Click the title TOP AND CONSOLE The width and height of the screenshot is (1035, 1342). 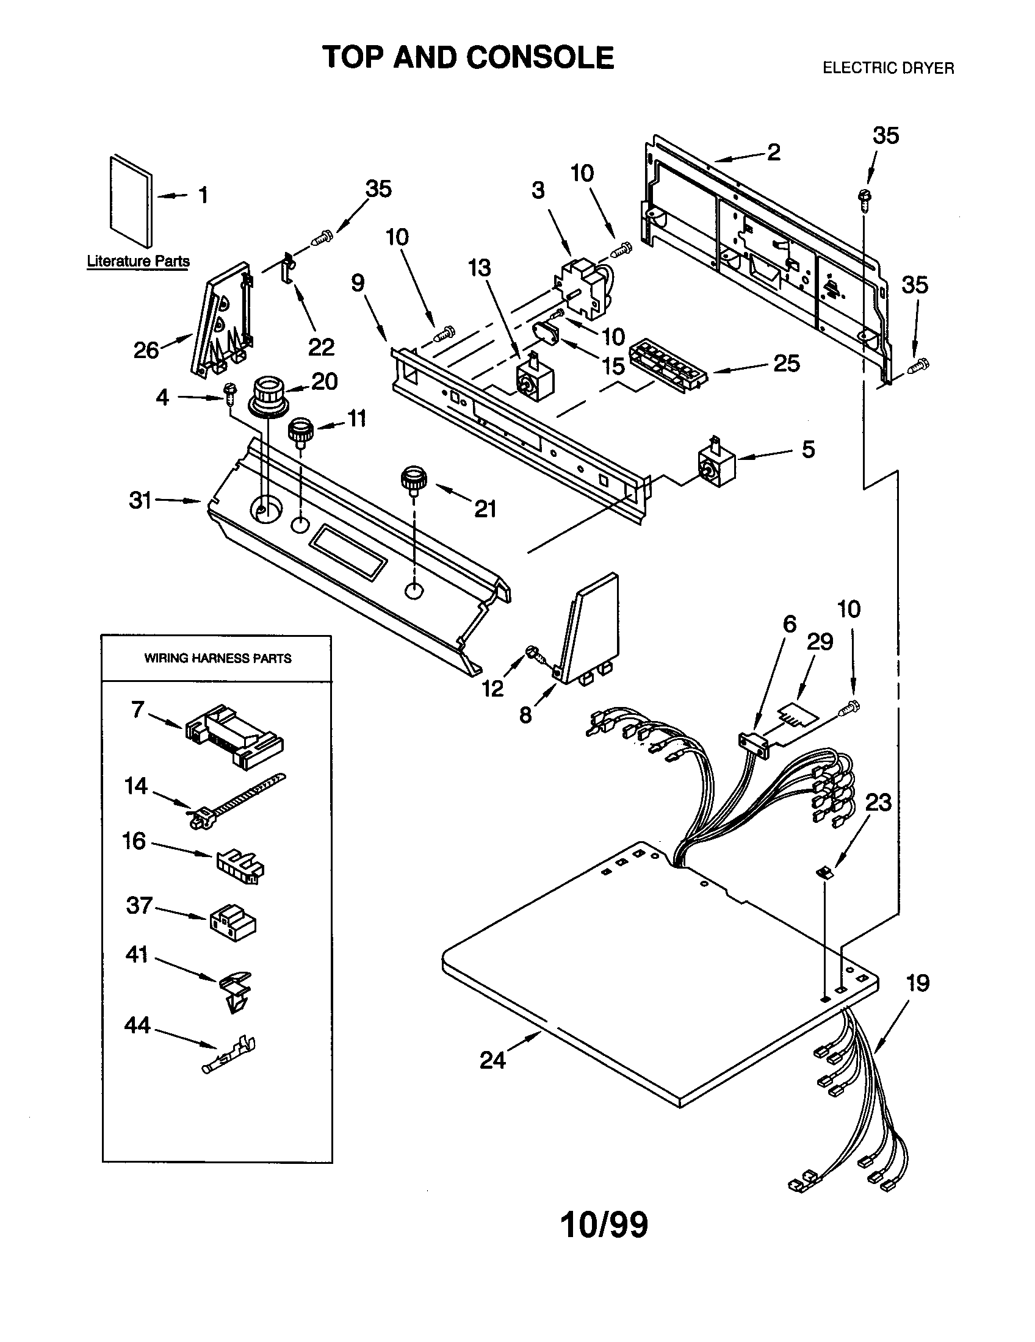point(468,58)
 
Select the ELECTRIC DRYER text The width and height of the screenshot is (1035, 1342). point(888,68)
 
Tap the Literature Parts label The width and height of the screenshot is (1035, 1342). point(139,261)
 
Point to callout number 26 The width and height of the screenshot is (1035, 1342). point(146,350)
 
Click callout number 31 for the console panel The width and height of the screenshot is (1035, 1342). point(140,500)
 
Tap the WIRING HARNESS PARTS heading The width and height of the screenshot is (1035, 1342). point(218,658)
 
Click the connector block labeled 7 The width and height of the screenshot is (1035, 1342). point(234,736)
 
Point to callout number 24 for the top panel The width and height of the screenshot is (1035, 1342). point(492,1060)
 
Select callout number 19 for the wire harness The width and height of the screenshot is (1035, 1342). point(917,983)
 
